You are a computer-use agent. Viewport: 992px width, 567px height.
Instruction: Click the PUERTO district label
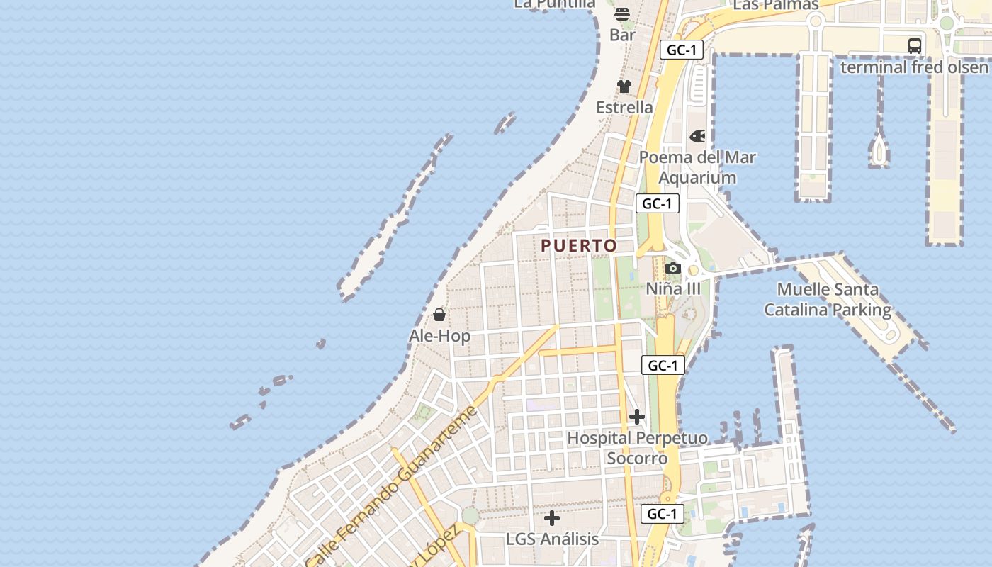click(579, 246)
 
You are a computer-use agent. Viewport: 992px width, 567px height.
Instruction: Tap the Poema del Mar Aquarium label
click(698, 167)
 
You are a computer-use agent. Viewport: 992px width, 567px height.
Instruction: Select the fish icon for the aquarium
click(697, 136)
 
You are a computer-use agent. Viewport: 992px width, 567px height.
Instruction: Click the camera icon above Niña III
click(673, 268)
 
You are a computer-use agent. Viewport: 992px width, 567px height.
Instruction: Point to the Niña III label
click(673, 288)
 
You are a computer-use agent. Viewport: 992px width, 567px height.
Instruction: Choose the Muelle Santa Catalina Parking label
click(827, 300)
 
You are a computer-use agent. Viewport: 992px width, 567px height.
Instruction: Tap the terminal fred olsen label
click(914, 67)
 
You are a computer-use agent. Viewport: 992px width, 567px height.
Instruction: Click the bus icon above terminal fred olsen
click(915, 46)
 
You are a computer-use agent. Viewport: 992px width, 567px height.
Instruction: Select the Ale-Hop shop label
click(439, 335)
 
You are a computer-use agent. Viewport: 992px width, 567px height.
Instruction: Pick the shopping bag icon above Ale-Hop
click(439, 315)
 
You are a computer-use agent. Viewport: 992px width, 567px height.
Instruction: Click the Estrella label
click(624, 107)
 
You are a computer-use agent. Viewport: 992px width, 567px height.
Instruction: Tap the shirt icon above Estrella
click(624, 86)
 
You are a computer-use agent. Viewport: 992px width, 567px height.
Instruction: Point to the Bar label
click(622, 35)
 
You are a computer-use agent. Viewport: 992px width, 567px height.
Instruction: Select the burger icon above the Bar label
click(622, 14)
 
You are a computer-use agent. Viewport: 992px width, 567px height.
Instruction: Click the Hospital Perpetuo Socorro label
click(637, 448)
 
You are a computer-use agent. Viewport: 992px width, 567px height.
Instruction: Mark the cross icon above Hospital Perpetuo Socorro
click(637, 417)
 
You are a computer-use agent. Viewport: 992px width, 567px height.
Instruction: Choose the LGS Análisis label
click(552, 539)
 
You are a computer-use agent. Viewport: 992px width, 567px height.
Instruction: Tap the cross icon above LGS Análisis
click(552, 518)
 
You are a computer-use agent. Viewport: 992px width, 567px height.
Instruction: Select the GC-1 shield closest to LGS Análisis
click(663, 514)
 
